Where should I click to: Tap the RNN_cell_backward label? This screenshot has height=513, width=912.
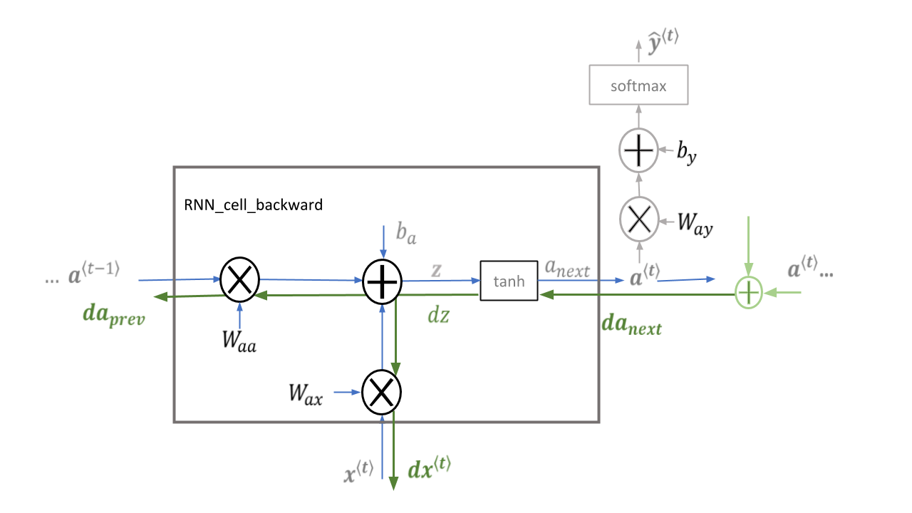(x=253, y=204)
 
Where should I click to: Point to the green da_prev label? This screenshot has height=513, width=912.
(x=114, y=316)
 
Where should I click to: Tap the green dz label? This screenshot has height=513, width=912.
(x=438, y=316)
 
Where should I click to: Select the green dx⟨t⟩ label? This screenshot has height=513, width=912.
(x=430, y=468)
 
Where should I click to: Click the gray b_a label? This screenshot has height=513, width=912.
(x=406, y=233)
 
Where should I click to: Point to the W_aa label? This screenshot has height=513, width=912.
(x=239, y=341)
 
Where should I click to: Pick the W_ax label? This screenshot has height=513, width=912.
(x=306, y=394)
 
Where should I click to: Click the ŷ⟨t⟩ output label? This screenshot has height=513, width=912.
(x=663, y=41)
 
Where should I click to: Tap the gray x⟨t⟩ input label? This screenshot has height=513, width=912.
(x=358, y=472)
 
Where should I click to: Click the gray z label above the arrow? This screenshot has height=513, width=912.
(x=436, y=270)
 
